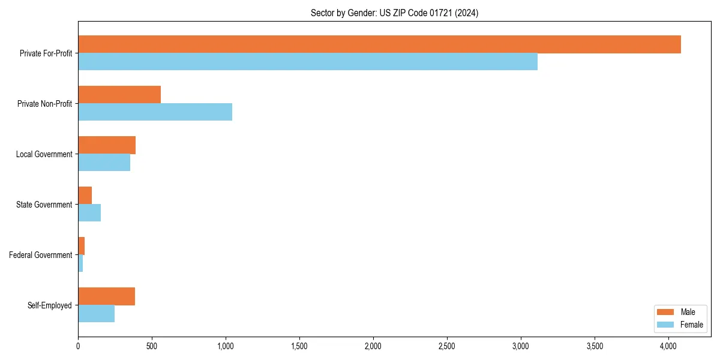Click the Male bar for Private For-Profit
(x=379, y=44)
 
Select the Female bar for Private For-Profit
(x=308, y=62)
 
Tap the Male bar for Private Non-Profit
(x=119, y=95)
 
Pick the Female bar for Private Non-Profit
(x=155, y=112)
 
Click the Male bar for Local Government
(x=107, y=145)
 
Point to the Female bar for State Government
(x=89, y=213)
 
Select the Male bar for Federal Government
(x=82, y=246)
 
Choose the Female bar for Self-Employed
(x=96, y=314)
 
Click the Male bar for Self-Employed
(x=106, y=296)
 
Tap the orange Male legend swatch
(x=666, y=312)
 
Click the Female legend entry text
(x=692, y=325)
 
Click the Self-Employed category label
(x=50, y=305)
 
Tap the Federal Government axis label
(x=41, y=255)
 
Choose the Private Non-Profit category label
(x=44, y=104)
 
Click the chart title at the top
(x=394, y=13)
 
